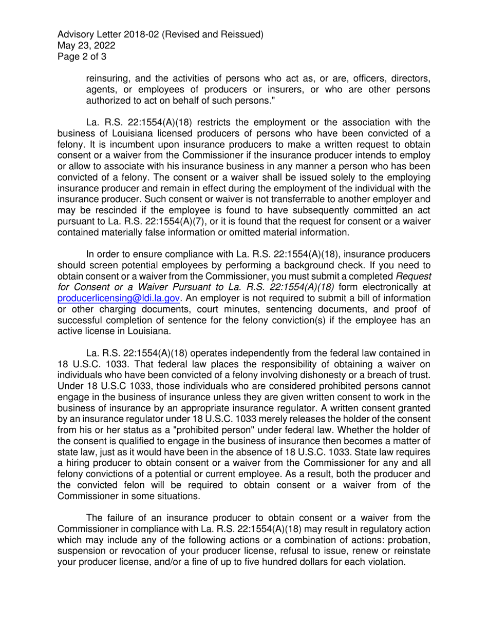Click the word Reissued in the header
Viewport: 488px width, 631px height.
242,34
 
